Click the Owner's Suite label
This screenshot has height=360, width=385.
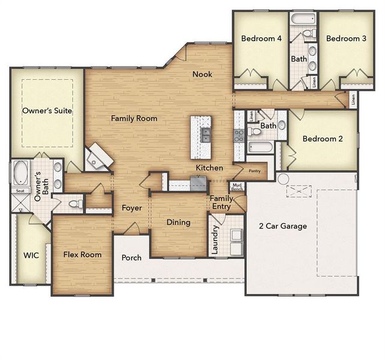pyautogui.click(x=47, y=111)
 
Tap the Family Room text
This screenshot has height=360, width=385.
pyautogui.click(x=134, y=119)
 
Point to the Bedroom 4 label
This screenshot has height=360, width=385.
pyautogui.click(x=261, y=38)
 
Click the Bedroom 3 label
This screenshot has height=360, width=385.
pyautogui.click(x=346, y=38)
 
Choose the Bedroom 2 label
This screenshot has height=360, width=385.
pyautogui.click(x=323, y=139)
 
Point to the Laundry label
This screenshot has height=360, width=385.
pyautogui.click(x=216, y=239)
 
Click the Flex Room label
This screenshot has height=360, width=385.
pyautogui.click(x=82, y=254)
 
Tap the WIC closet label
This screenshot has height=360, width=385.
pyautogui.click(x=31, y=255)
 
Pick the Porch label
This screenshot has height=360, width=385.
pyautogui.click(x=132, y=258)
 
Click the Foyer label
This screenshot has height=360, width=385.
pyautogui.click(x=132, y=209)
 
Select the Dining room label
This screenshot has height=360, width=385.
pyautogui.click(x=178, y=223)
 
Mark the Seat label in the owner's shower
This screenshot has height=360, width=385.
pyautogui.click(x=19, y=191)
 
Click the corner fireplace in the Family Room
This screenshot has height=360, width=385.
pyautogui.click(x=99, y=157)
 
